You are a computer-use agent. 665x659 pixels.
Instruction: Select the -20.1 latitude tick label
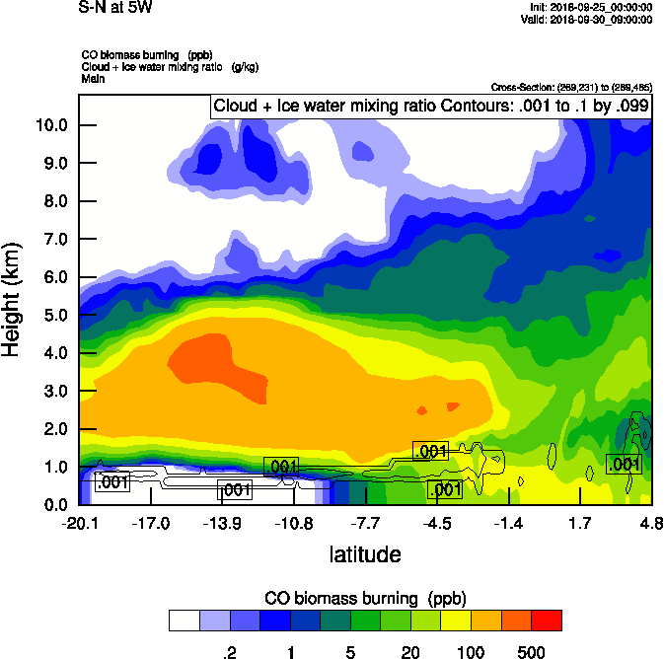[79, 523]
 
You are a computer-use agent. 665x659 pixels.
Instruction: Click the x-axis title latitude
[365, 554]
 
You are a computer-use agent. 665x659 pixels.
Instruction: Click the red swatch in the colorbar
[546, 621]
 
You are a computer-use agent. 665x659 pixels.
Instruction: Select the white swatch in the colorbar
[184, 621]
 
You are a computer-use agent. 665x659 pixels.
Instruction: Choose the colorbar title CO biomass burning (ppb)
[365, 599]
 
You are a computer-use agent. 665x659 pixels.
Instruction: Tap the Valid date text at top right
[589, 19]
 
